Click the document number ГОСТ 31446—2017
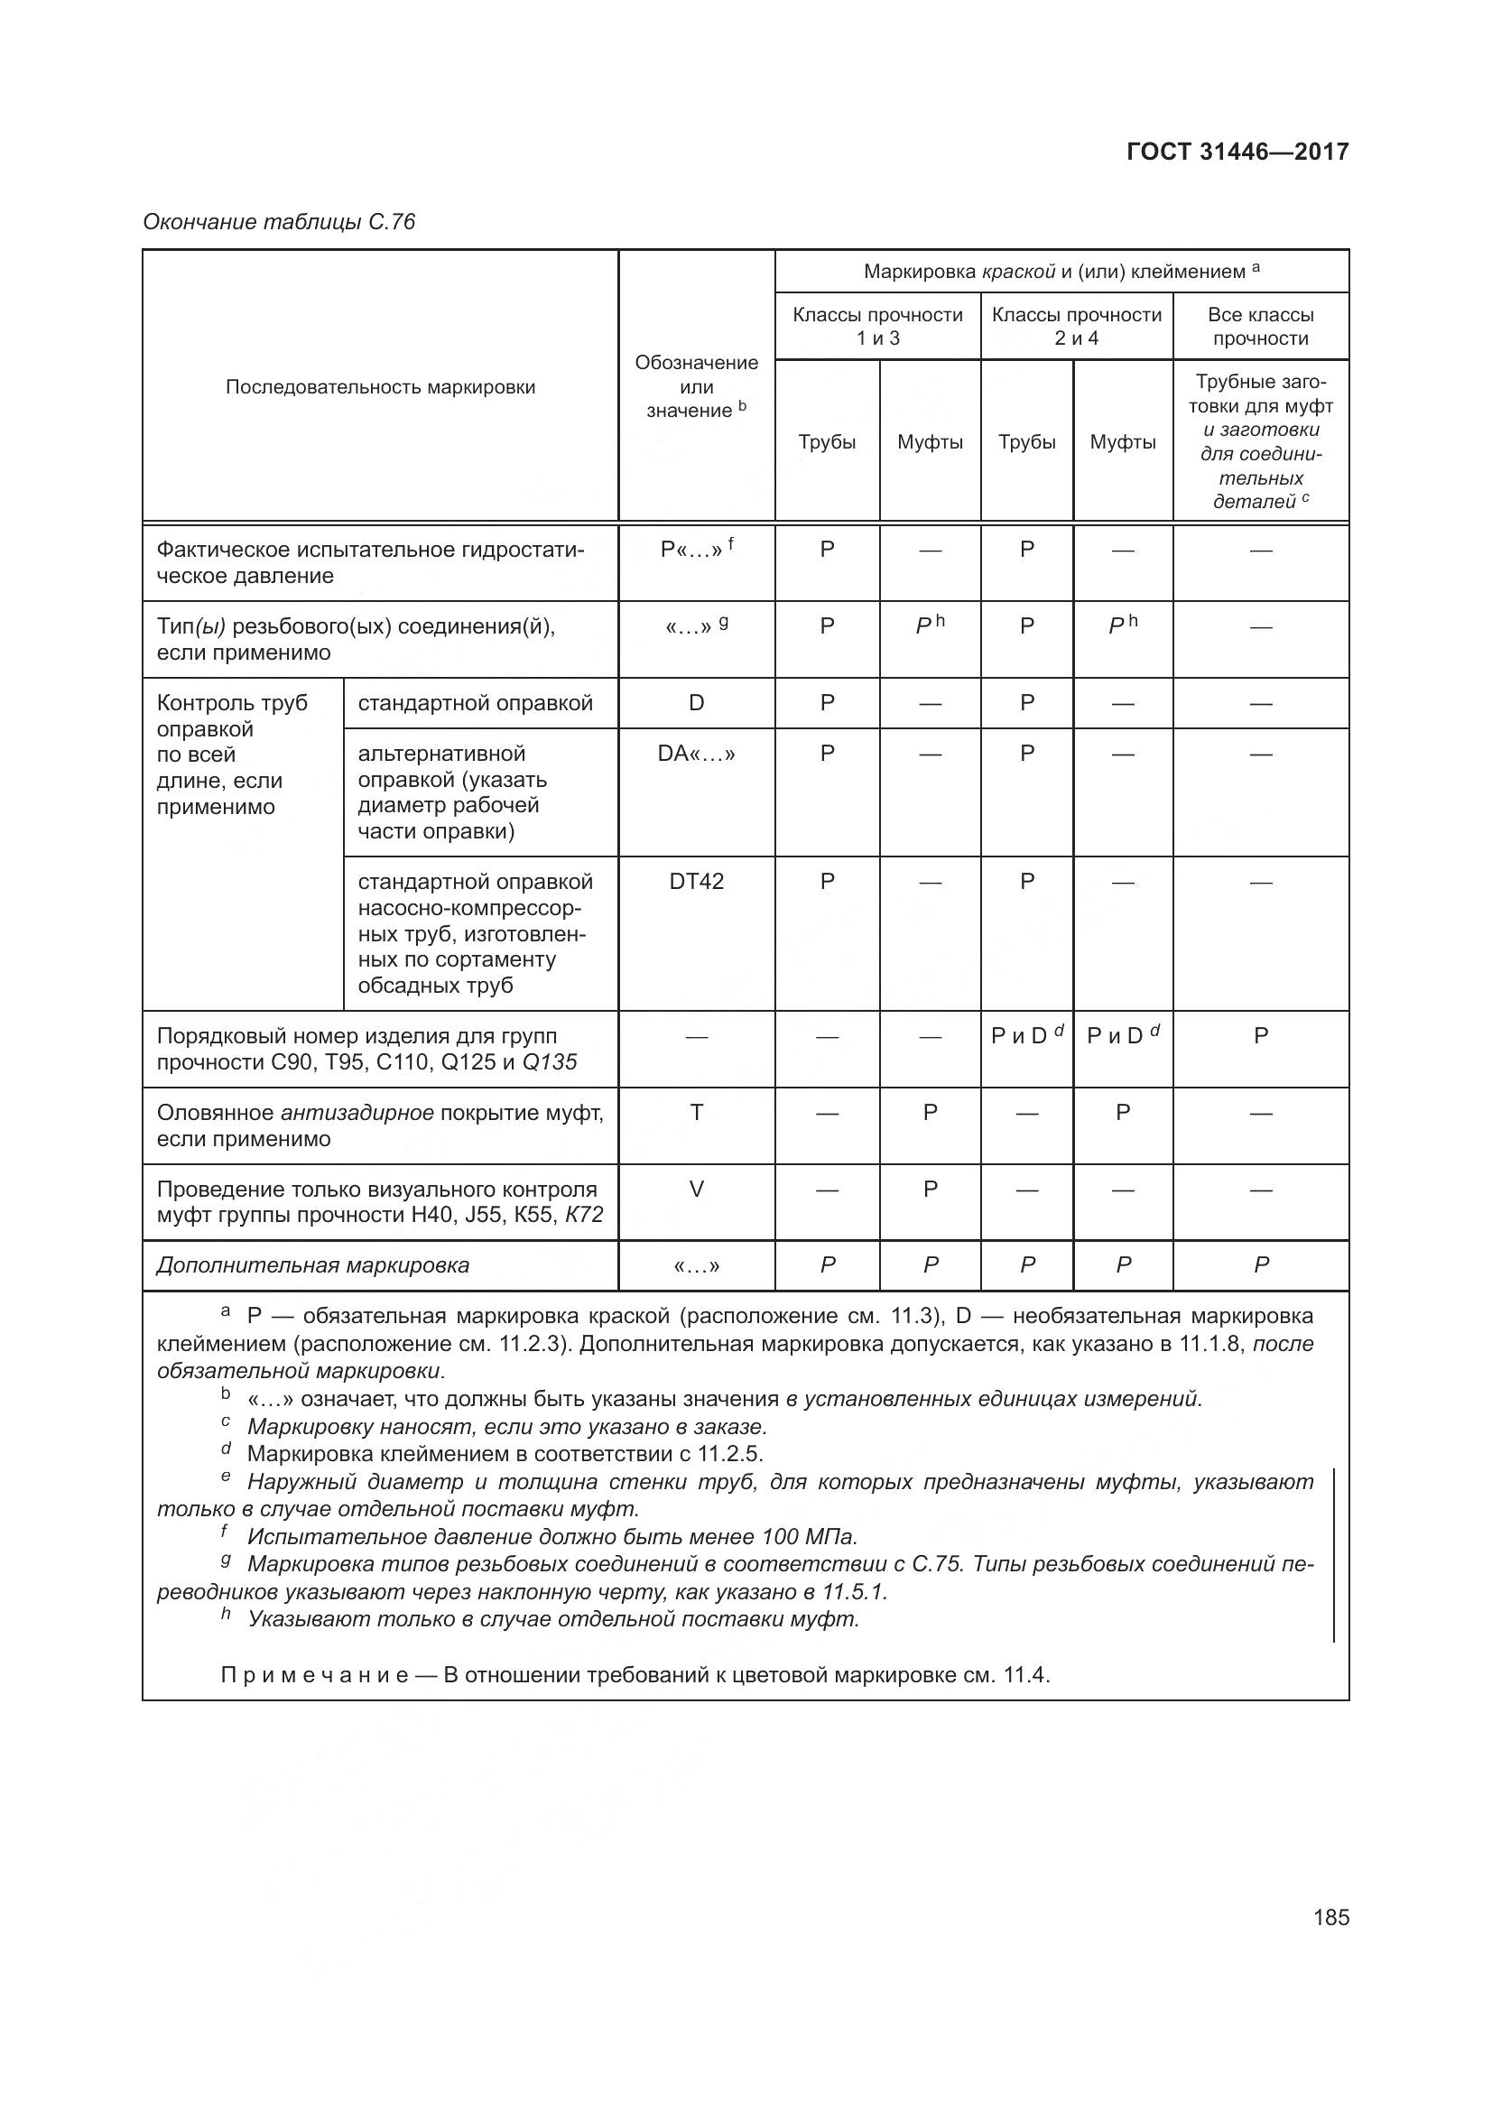(x=1237, y=153)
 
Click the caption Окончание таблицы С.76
(x=279, y=222)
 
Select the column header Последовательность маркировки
(x=380, y=387)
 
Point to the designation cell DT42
(x=696, y=882)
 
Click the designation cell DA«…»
(x=696, y=754)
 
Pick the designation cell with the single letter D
(x=696, y=703)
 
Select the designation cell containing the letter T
(x=696, y=1113)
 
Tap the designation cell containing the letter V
(x=696, y=1189)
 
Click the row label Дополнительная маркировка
(x=312, y=1265)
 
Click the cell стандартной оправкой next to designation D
(x=476, y=703)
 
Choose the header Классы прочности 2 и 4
(x=1076, y=327)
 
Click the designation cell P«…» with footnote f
(x=696, y=550)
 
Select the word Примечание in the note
(x=314, y=1674)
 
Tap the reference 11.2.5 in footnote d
(x=730, y=1454)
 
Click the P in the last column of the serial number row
(x=1260, y=1036)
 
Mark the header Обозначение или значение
(x=696, y=387)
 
